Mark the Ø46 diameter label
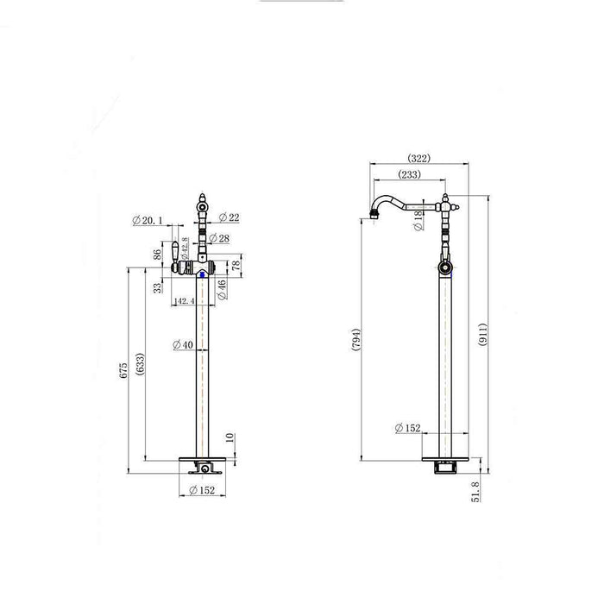(222, 289)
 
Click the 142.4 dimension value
(183, 300)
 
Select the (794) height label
(355, 342)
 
